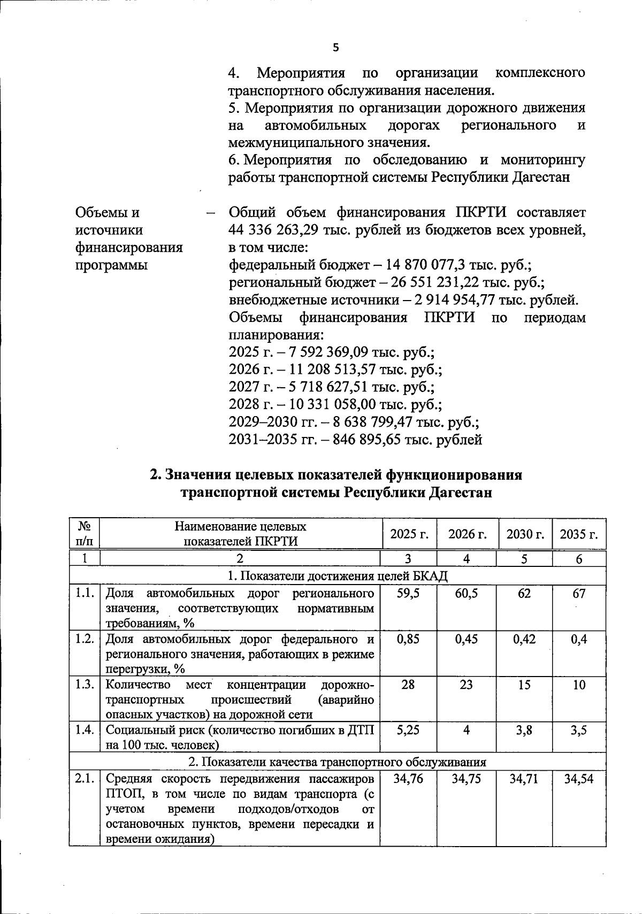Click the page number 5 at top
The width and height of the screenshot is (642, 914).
coord(336,48)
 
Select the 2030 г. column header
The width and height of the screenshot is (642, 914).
coord(525,534)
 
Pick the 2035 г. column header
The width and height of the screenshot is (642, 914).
coord(579,534)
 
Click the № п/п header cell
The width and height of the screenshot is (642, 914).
coord(85,534)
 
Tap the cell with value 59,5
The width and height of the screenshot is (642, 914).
coord(408,594)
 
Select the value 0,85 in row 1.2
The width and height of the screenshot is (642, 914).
coord(408,640)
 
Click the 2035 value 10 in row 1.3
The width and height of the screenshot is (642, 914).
coord(579,685)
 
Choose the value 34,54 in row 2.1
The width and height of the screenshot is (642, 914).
coord(579,779)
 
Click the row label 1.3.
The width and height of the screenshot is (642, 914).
coord(85,685)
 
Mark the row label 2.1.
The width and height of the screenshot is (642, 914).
coord(85,779)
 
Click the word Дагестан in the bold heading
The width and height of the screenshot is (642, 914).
coord(460,493)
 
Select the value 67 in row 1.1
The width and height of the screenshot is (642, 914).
coord(579,594)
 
